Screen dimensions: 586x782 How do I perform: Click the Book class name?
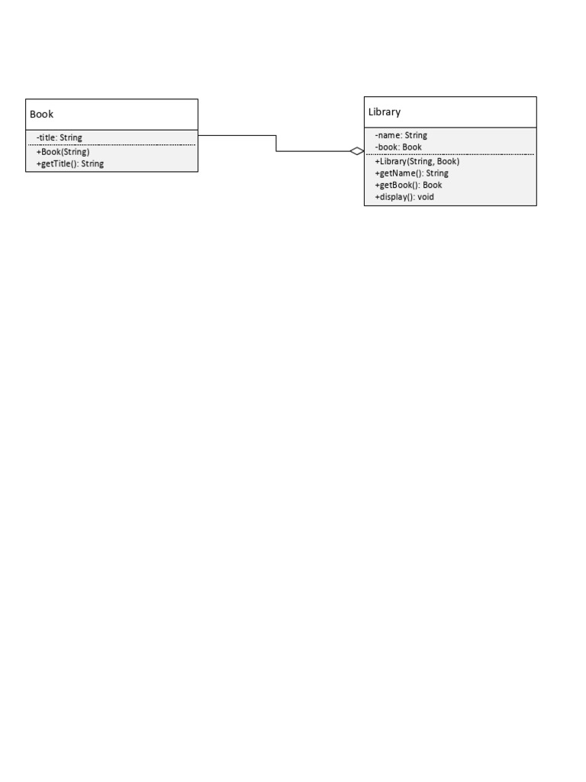[x=41, y=115]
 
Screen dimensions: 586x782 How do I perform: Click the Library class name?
[x=385, y=112]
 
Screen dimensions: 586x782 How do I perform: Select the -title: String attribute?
[x=60, y=137]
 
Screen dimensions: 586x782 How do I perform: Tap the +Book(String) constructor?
[x=63, y=152]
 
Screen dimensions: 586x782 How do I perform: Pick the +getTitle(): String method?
[x=69, y=163]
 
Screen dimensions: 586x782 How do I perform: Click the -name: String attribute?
[x=401, y=135]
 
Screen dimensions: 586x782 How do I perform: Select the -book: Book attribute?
[x=398, y=147]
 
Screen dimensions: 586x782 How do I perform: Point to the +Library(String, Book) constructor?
[x=417, y=162]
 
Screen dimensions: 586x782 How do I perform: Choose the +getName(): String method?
[x=411, y=173]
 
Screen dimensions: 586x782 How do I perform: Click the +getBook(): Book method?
[x=409, y=185]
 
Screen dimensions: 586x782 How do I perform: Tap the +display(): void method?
[x=404, y=197]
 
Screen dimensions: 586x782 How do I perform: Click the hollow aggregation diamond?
[x=357, y=151]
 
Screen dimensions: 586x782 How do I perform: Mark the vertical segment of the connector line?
[x=276, y=143]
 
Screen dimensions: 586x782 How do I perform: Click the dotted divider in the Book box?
[x=111, y=144]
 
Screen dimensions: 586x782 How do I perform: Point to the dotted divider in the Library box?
[x=450, y=154]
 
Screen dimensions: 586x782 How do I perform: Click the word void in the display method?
[x=426, y=197]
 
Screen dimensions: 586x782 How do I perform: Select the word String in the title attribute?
[x=71, y=137]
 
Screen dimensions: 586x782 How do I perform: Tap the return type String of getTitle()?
[x=92, y=163]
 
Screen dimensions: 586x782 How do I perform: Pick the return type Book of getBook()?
[x=433, y=185]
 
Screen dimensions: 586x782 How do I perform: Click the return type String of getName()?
[x=437, y=173]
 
